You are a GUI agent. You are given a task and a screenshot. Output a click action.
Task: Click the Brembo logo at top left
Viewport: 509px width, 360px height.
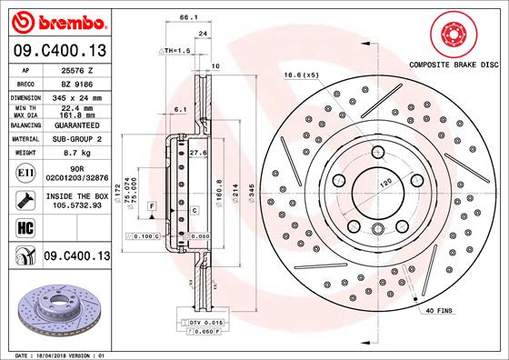coord(55,19)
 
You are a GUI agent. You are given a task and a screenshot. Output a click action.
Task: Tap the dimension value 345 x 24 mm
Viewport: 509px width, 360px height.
coord(72,96)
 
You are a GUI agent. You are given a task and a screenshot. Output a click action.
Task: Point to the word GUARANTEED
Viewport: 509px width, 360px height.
coord(72,126)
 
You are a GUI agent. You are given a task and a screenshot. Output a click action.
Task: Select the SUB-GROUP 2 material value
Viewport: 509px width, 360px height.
coord(72,140)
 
